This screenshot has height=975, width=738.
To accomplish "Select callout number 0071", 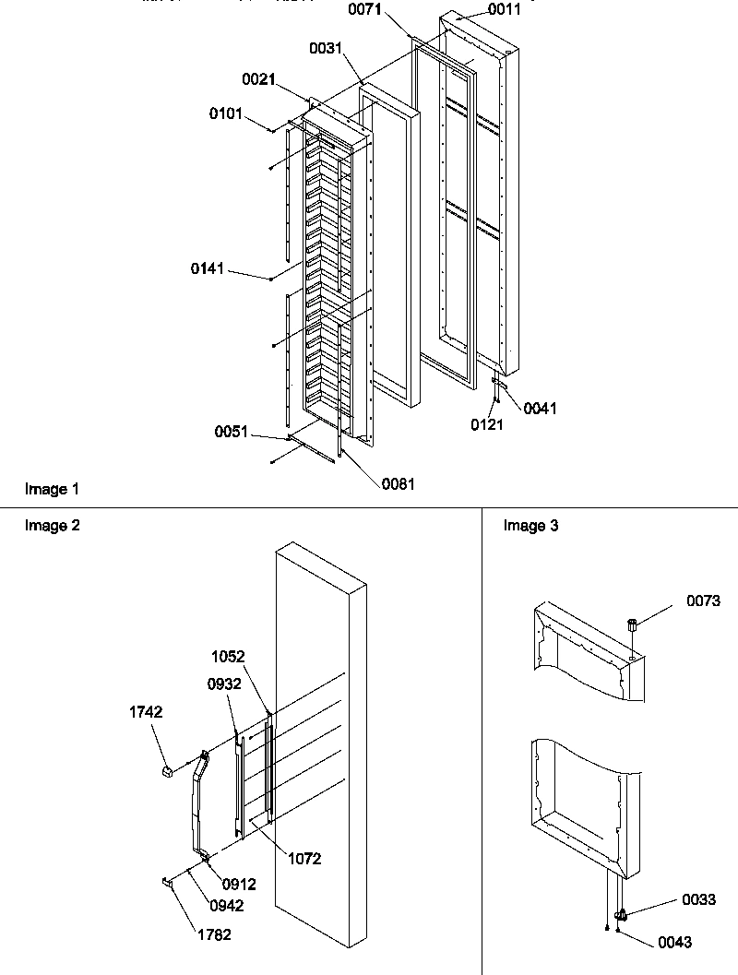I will (x=366, y=10).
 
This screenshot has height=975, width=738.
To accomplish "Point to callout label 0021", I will (x=260, y=80).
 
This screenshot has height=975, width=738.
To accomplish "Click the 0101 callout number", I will (x=227, y=114).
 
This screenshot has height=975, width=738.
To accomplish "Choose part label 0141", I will (x=209, y=268).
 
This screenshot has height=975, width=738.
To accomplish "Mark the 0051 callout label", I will (x=232, y=431).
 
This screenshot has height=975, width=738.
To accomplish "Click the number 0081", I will (x=398, y=482).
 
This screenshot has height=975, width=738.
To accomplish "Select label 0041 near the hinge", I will (x=541, y=408).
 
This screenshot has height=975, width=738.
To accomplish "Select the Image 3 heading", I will (x=530, y=526).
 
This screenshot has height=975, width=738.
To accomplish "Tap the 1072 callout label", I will (x=304, y=859).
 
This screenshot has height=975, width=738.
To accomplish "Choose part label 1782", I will (x=213, y=934).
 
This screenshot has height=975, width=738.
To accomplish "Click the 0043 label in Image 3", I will (x=675, y=942).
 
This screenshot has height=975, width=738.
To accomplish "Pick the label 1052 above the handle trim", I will (x=228, y=656).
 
